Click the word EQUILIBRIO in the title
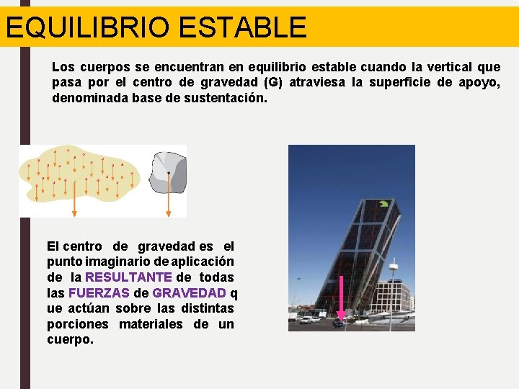tap(86, 27)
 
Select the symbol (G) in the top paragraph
tap(275, 82)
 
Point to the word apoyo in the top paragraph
tap(479, 82)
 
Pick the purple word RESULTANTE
tap(128, 277)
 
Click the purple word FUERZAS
tap(99, 292)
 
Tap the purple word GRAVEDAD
tap(189, 292)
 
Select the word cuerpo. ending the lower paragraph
tap(70, 339)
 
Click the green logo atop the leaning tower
tap(383, 204)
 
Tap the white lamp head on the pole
tap(394, 265)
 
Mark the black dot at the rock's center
tap(169, 173)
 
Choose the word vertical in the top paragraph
tap(448, 67)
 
